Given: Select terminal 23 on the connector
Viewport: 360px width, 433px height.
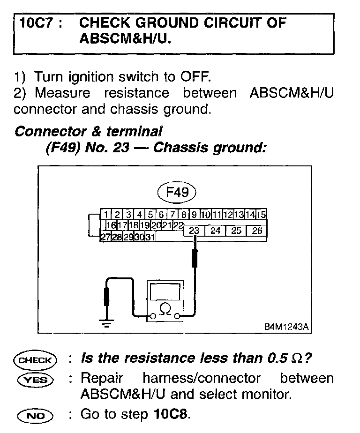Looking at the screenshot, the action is [x=195, y=231].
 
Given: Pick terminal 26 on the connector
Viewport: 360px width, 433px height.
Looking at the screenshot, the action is [x=257, y=231].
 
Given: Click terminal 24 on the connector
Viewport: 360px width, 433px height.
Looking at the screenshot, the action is [x=215, y=231].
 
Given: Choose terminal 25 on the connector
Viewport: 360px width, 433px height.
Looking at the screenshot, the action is [x=236, y=231].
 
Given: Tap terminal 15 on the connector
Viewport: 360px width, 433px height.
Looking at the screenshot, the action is [x=262, y=215].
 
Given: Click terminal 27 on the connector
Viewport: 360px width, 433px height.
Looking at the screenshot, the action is [x=105, y=237].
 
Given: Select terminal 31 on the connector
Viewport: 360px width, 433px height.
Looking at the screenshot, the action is [x=150, y=237].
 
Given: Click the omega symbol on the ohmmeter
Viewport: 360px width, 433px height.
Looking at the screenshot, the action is [x=165, y=308].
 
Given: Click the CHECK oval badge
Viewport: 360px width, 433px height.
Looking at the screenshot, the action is [x=35, y=360].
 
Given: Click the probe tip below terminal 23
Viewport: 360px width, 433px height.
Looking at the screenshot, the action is [x=195, y=258].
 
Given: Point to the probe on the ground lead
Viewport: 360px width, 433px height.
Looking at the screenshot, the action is [x=107, y=296].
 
